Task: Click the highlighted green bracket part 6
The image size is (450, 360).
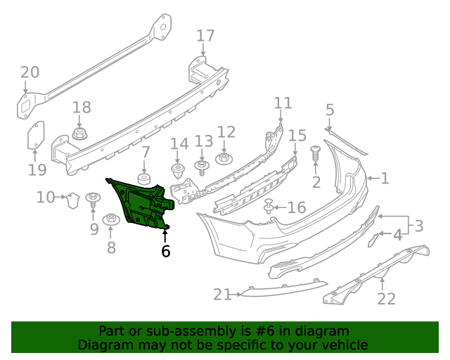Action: [x=144, y=204]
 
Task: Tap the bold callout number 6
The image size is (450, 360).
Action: [x=165, y=251]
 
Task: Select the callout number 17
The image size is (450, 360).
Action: [x=205, y=36]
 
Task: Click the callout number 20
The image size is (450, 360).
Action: [x=30, y=72]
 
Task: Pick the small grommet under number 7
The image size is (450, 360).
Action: [x=145, y=179]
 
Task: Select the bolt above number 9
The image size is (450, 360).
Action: [x=93, y=200]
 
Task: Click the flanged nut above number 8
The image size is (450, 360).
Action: [x=110, y=220]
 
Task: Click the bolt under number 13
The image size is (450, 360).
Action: [x=202, y=167]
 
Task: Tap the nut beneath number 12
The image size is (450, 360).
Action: [x=225, y=157]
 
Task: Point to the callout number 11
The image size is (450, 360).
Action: [x=283, y=103]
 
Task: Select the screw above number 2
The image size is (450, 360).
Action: [x=315, y=151]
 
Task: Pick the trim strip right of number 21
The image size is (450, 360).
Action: [x=285, y=288]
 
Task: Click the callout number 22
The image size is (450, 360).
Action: [x=386, y=299]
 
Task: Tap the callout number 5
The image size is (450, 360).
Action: [x=330, y=110]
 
